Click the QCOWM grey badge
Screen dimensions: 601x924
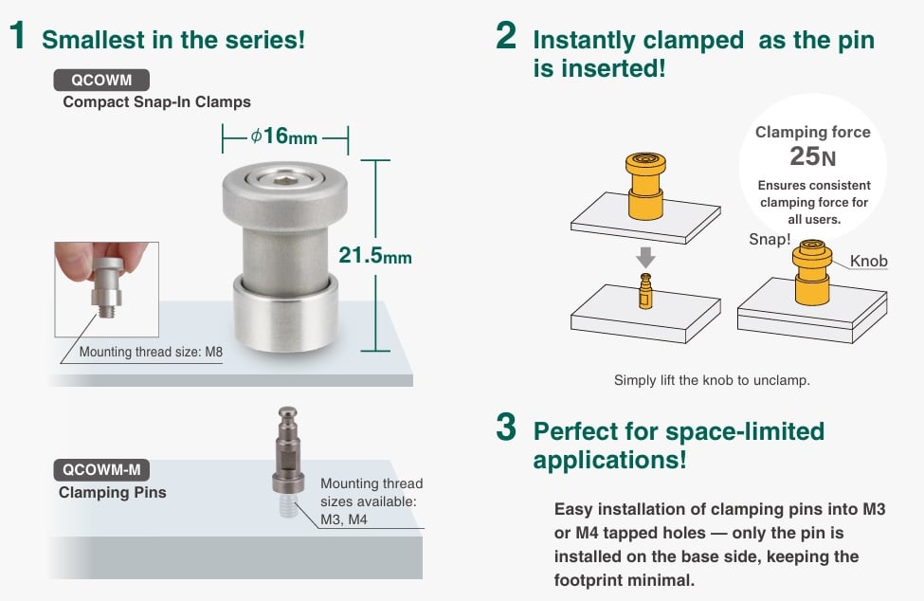click(101, 81)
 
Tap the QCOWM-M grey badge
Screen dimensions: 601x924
click(101, 469)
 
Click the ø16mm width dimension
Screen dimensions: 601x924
click(284, 137)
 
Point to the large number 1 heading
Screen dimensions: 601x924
click(17, 37)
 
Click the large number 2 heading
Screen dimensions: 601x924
click(506, 37)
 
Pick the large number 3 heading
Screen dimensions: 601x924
click(506, 428)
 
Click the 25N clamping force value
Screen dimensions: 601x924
click(811, 156)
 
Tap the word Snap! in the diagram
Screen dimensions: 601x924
click(769, 239)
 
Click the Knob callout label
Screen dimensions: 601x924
click(868, 261)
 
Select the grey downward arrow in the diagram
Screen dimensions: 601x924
click(644, 257)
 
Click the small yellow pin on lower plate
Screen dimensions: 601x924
click(645, 291)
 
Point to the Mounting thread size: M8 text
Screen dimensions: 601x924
click(151, 352)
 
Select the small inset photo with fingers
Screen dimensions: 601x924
click(106, 289)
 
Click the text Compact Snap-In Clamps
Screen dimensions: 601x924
click(156, 102)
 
